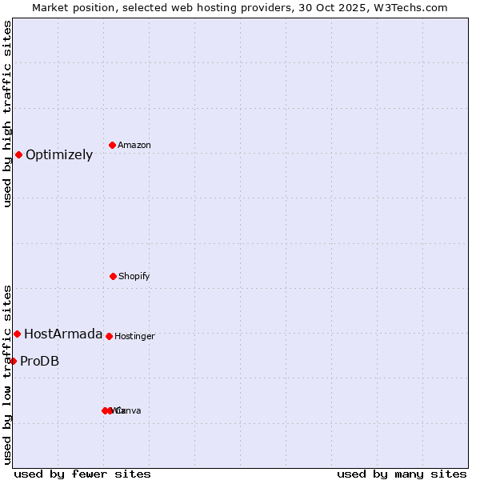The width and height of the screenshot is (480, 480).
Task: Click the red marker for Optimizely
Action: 18,154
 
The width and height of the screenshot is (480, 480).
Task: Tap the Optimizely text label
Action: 59,155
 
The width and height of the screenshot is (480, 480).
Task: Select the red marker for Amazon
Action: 112,145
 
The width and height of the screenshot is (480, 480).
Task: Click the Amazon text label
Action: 134,145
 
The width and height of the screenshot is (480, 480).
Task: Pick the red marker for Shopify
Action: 113,276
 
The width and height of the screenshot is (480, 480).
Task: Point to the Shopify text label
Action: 134,276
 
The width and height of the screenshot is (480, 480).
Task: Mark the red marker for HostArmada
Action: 17,334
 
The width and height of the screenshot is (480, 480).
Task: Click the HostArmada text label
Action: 63,334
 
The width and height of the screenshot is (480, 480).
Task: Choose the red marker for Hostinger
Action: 109,336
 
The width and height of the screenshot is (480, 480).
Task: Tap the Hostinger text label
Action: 134,336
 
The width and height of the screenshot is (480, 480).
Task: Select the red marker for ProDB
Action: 13,361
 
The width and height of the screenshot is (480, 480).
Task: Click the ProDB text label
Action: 39,362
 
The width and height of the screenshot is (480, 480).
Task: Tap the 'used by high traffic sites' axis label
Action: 7,114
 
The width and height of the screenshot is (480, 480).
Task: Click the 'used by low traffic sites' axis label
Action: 7,374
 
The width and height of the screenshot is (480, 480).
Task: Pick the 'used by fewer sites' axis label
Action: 82,474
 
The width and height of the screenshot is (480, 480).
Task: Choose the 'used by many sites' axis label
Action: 402,474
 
